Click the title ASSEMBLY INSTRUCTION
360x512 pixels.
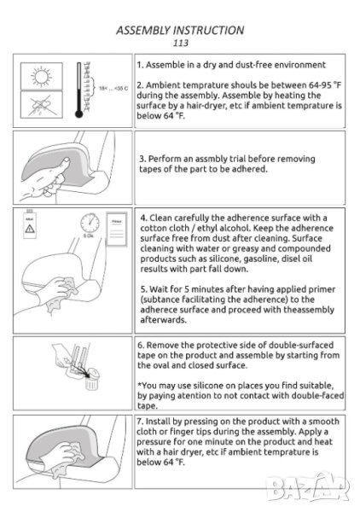(x=180, y=30)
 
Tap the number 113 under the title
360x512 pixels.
(x=181, y=43)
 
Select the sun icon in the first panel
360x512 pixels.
(x=42, y=77)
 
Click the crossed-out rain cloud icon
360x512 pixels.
(x=42, y=105)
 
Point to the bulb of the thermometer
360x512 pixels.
(x=78, y=114)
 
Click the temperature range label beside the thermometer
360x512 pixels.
(x=113, y=88)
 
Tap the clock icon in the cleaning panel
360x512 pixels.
(x=90, y=223)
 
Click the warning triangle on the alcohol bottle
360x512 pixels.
(x=30, y=228)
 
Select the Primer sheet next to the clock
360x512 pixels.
(x=117, y=230)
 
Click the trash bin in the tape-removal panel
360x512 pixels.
(x=91, y=379)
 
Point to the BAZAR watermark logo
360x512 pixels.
(x=308, y=487)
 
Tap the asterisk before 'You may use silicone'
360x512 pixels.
(x=139, y=384)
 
